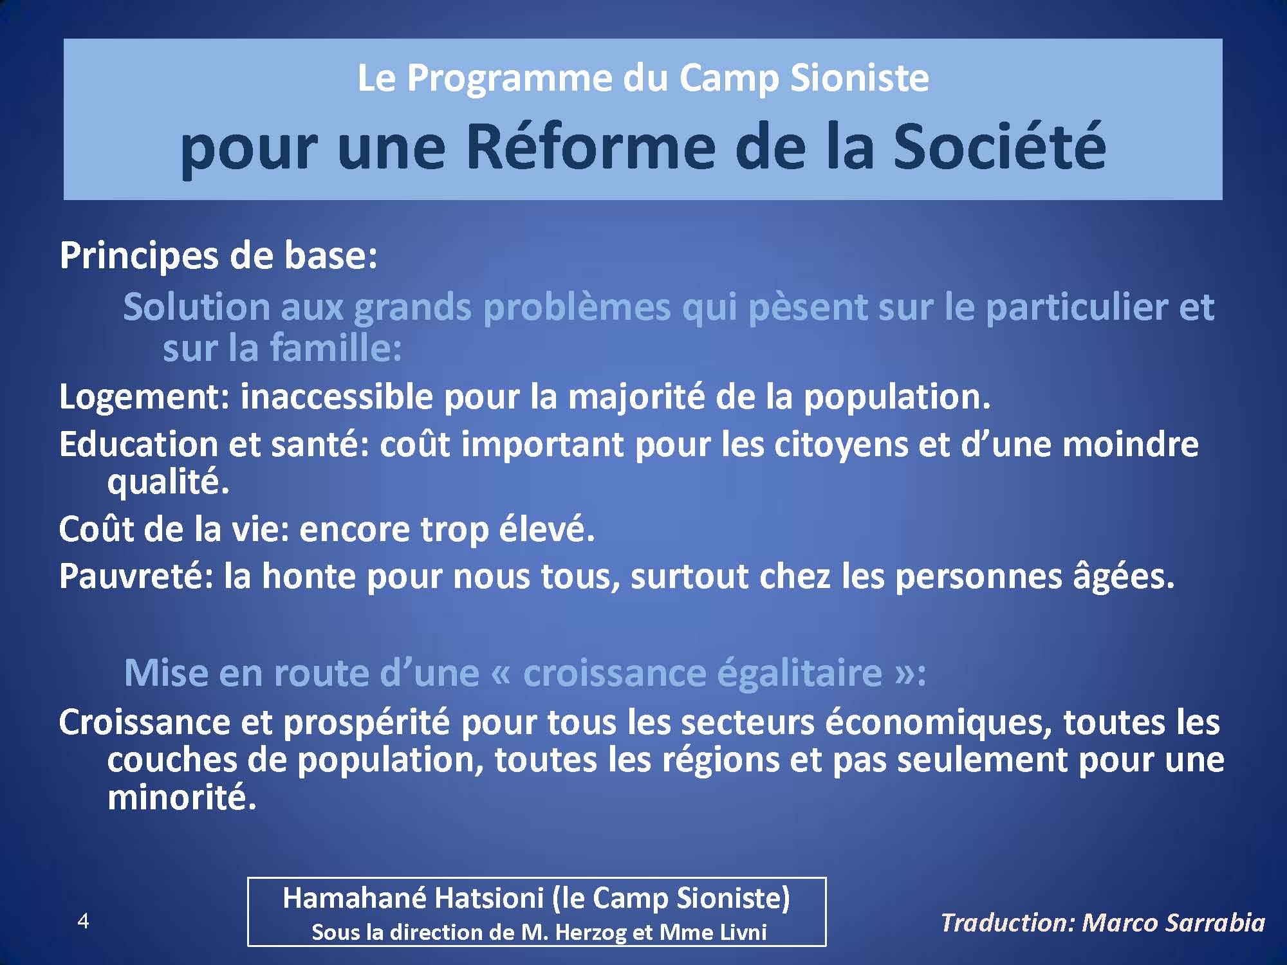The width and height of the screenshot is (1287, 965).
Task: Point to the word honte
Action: (x=309, y=576)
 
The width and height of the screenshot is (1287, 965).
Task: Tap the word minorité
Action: (x=181, y=798)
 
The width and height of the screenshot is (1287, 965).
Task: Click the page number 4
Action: (x=83, y=921)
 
